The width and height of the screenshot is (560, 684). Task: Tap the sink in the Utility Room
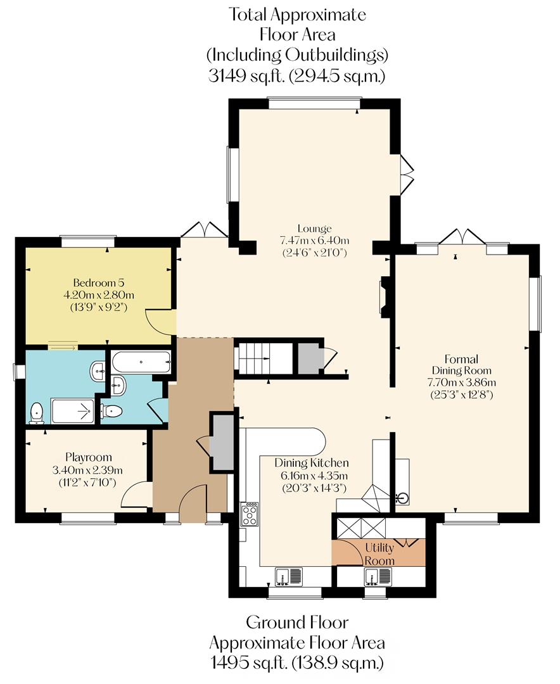tap(378, 576)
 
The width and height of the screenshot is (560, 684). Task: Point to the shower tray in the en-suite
tap(72, 411)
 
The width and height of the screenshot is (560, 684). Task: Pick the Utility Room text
tap(380, 554)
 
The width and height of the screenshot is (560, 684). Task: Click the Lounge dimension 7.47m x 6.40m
tap(315, 240)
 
